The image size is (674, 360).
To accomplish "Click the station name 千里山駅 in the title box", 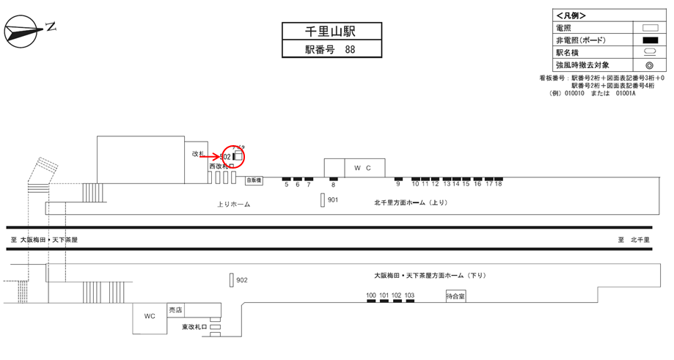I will click(x=332, y=31).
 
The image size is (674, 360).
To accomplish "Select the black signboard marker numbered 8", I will click(x=334, y=178).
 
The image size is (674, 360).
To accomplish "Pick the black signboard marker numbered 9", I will click(x=398, y=178).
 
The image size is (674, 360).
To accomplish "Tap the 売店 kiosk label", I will click(x=175, y=309).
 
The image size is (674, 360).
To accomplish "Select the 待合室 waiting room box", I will click(x=455, y=296).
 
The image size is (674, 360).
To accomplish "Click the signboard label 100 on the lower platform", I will click(x=371, y=295).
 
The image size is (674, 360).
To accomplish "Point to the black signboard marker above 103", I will click(x=410, y=302).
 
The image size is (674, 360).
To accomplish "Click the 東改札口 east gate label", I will click(x=195, y=327).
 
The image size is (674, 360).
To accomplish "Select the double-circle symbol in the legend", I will click(x=648, y=65).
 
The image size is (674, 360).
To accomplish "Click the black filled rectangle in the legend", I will click(x=648, y=40).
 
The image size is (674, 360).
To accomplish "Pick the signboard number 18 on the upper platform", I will click(x=499, y=184).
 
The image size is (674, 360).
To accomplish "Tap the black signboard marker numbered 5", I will click(x=287, y=178).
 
